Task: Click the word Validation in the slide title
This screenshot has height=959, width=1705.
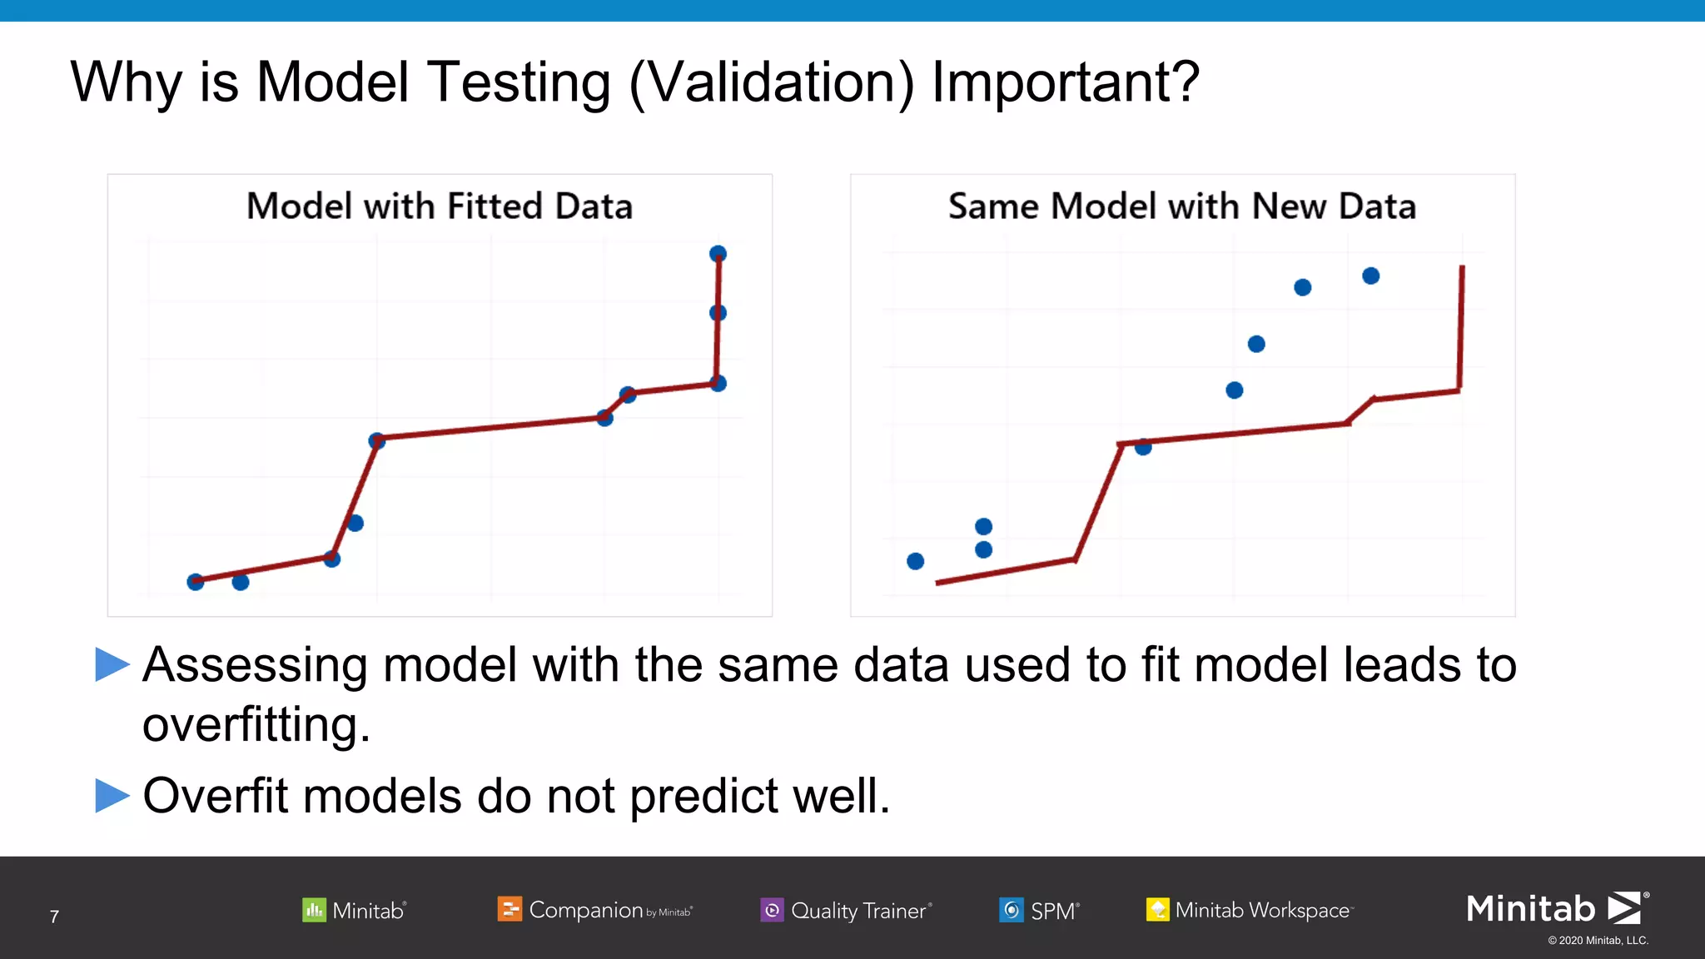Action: click(x=771, y=83)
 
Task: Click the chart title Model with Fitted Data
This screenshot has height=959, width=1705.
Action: click(x=440, y=206)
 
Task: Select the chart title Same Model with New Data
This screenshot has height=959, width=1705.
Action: click(x=1181, y=206)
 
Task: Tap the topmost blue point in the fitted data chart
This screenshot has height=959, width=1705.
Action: click(x=718, y=254)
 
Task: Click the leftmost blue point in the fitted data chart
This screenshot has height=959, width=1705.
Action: click(x=196, y=582)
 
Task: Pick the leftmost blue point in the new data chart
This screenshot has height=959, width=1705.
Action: click(x=915, y=561)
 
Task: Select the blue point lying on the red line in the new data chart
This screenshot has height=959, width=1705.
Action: click(x=1143, y=447)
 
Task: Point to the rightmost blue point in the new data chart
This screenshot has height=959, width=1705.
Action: click(x=1370, y=276)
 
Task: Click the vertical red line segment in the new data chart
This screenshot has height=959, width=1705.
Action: click(x=1461, y=329)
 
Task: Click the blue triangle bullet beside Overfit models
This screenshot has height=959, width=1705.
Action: click(x=112, y=795)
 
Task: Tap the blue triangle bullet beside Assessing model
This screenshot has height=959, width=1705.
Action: click(x=112, y=664)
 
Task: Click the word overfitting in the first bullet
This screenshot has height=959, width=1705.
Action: click(x=256, y=724)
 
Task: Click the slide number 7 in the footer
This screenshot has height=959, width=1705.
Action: click(x=54, y=917)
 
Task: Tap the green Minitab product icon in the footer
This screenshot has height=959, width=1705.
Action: click(x=314, y=910)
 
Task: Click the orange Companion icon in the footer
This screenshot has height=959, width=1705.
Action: click(x=509, y=909)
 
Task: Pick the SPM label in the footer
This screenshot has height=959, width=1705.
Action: click(x=1053, y=911)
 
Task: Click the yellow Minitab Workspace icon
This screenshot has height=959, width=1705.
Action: click(x=1157, y=910)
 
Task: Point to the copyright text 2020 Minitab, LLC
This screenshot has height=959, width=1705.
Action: click(x=1598, y=941)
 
